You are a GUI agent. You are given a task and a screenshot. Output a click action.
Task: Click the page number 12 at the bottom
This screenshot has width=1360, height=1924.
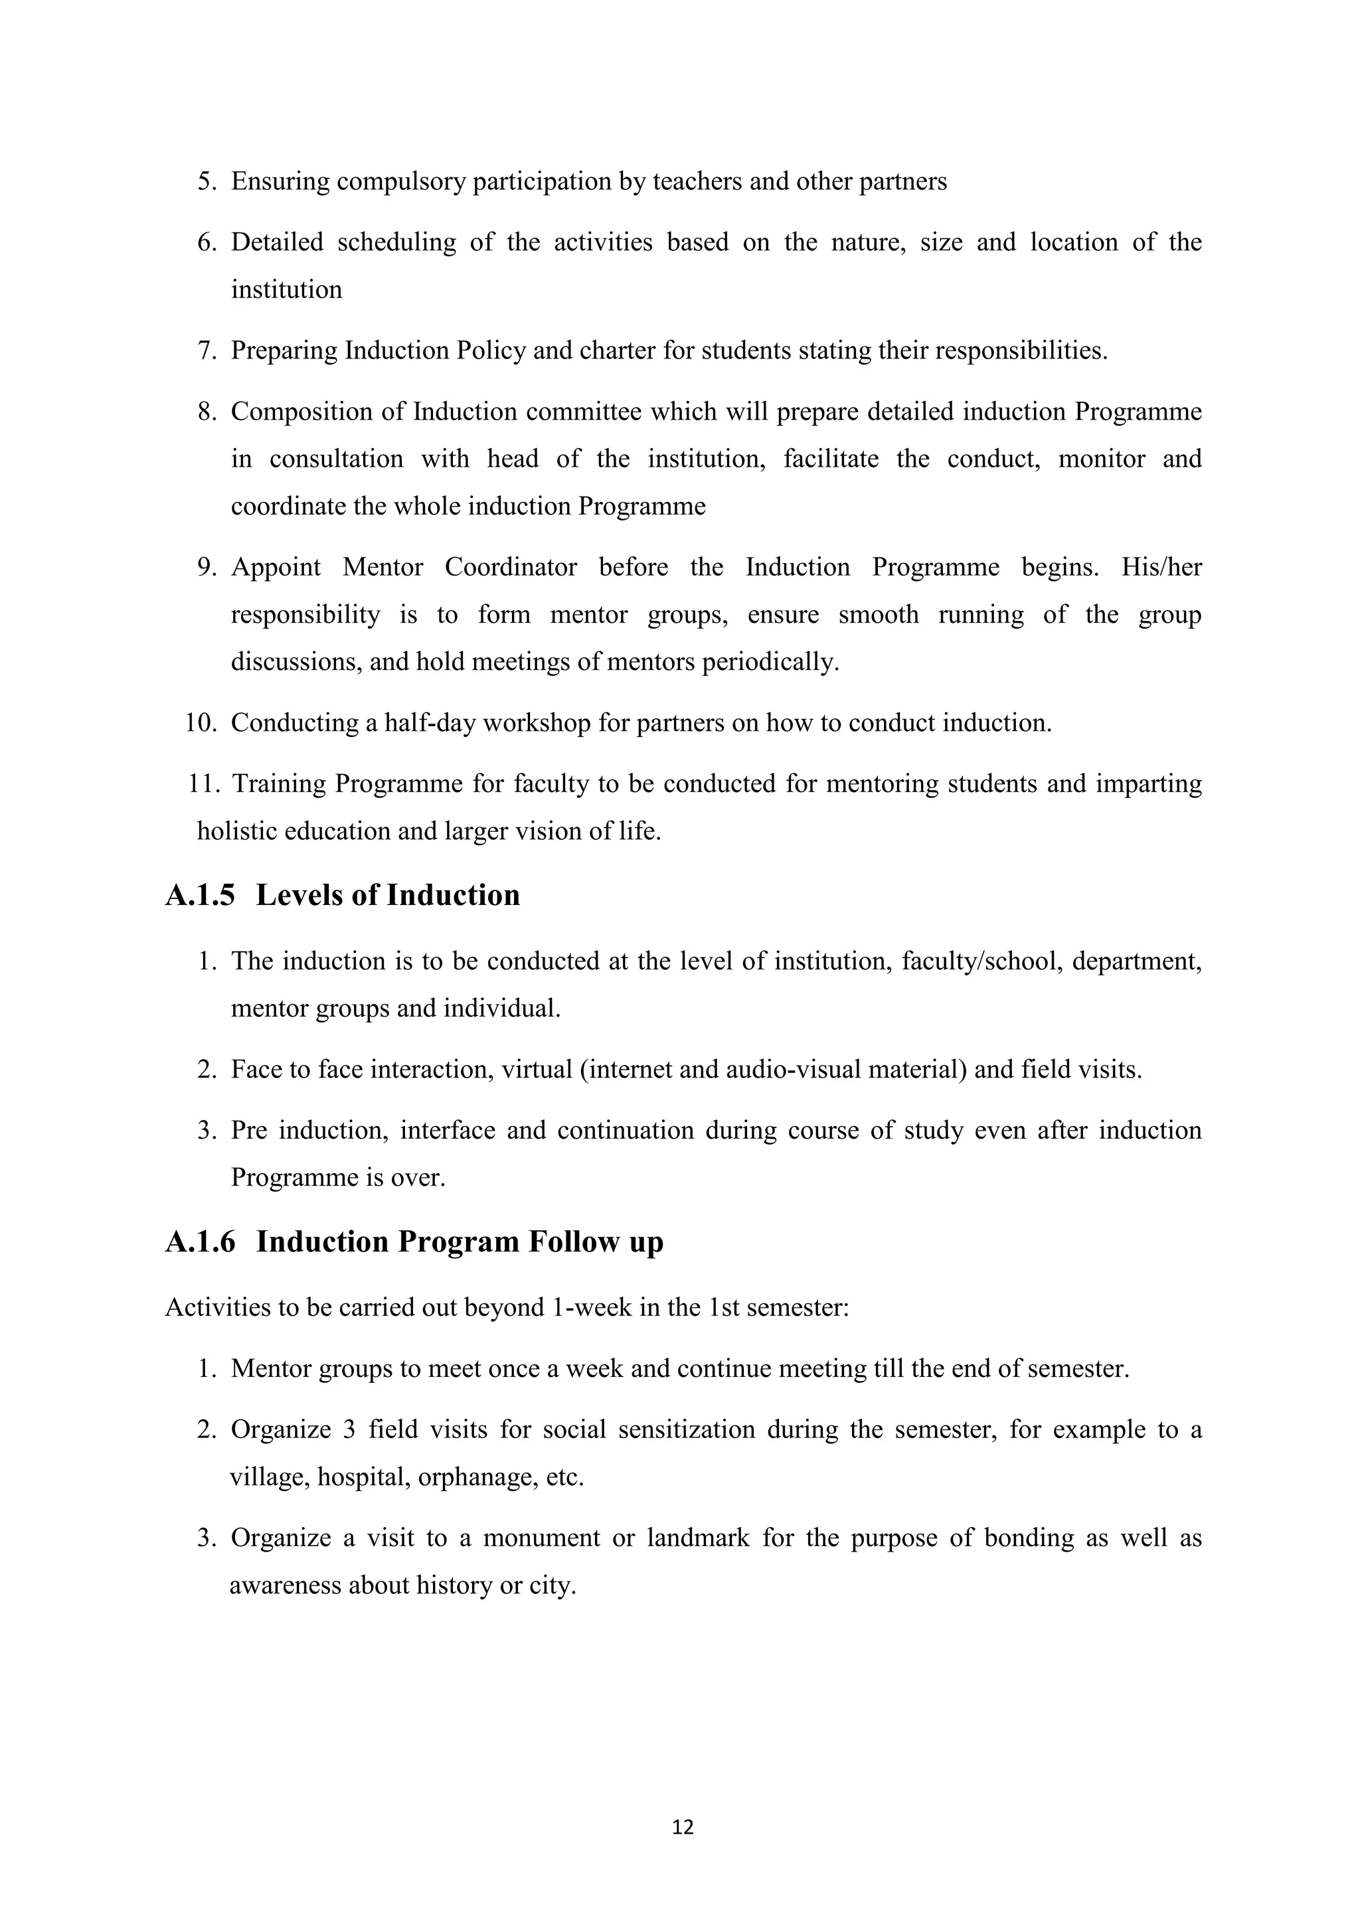[x=683, y=1827]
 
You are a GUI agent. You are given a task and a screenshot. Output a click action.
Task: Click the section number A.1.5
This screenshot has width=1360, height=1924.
[x=201, y=895]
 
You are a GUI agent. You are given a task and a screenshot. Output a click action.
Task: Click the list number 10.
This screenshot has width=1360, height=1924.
[x=201, y=722]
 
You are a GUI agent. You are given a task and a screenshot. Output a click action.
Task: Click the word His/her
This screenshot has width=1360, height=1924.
[x=1161, y=568]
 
